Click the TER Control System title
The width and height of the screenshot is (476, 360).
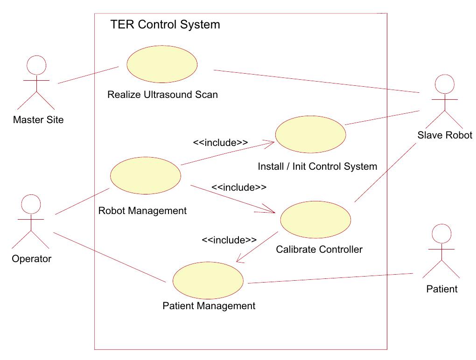click(165, 25)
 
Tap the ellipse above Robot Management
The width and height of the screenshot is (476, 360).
click(145, 175)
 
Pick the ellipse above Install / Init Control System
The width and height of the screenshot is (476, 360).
click(310, 134)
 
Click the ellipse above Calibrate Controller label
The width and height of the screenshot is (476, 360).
click(315, 219)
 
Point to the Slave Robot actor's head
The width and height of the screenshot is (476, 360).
click(444, 84)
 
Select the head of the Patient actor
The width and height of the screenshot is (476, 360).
click(441, 233)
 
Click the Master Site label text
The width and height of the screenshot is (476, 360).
click(38, 120)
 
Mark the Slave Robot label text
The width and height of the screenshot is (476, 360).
click(445, 135)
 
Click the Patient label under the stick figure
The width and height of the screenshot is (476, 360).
click(442, 289)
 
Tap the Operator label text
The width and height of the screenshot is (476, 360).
click(31, 259)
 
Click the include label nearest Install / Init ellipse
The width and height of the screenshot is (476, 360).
click(220, 143)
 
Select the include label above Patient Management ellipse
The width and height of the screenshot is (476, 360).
click(229, 240)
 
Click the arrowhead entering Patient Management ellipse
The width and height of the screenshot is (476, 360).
click(239, 261)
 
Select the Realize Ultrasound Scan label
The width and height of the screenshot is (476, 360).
click(162, 95)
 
